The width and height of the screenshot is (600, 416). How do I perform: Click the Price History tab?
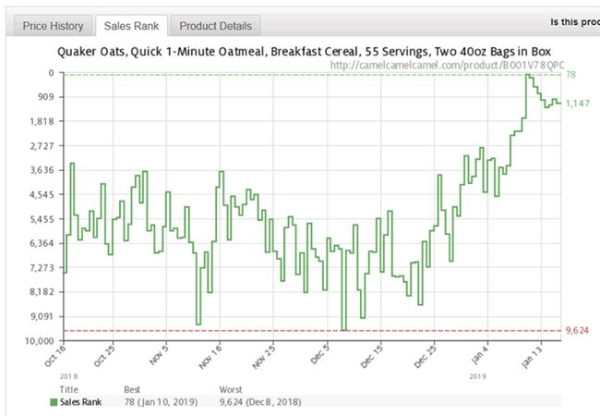click(x=54, y=26)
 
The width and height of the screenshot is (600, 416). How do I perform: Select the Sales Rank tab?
click(x=131, y=26)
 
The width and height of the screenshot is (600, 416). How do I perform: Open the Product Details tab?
click(x=215, y=26)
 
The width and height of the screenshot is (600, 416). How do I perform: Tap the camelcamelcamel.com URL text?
click(x=447, y=66)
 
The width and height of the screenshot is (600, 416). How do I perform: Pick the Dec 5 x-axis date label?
click(x=320, y=355)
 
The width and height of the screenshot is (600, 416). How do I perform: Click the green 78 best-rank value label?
click(x=570, y=74)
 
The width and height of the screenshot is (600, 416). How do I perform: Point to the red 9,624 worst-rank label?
click(x=577, y=330)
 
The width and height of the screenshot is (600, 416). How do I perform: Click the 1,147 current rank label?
click(x=578, y=103)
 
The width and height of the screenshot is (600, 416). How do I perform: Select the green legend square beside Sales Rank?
click(x=54, y=402)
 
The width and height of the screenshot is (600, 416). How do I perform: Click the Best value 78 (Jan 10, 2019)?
click(x=162, y=402)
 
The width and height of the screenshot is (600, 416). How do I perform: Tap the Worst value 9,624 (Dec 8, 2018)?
click(x=259, y=402)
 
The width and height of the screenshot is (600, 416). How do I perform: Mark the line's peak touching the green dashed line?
click(x=527, y=75)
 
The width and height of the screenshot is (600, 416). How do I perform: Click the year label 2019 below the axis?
click(x=477, y=376)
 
